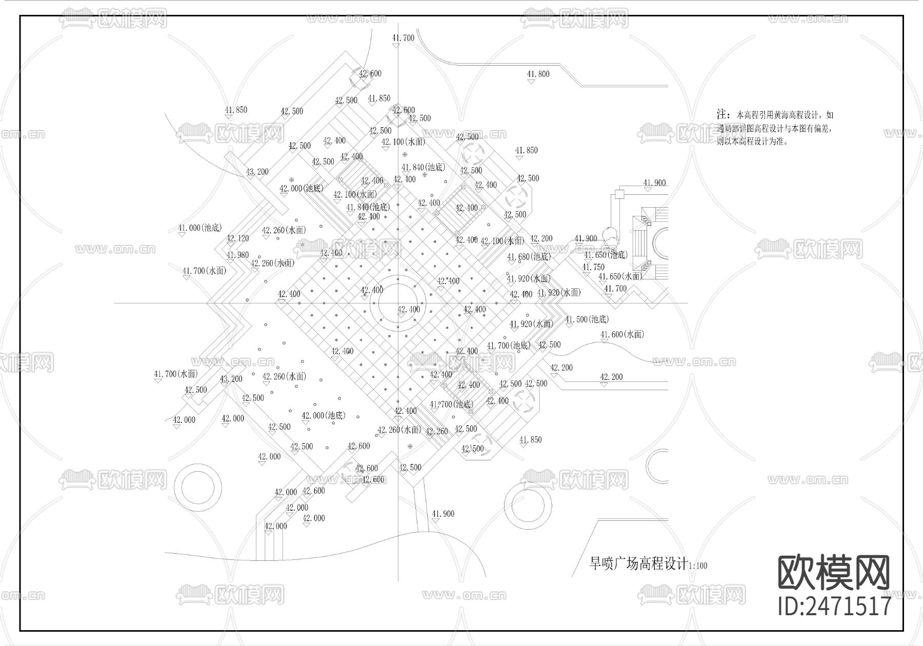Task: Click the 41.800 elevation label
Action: tap(538, 74)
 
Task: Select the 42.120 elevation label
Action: tap(237, 238)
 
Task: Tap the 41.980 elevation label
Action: tap(237, 255)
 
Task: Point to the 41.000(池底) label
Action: tap(199, 228)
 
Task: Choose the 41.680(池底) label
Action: tap(528, 257)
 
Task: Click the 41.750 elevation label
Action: tap(593, 267)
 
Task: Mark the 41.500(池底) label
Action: tap(587, 319)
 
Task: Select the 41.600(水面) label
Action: tap(622, 335)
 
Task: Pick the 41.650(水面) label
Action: tap(620, 277)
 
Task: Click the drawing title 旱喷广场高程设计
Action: tap(638, 564)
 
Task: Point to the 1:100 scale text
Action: tap(698, 567)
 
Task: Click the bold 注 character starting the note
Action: tap(722, 114)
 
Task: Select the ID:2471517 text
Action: tap(834, 606)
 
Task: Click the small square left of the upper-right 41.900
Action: tap(619, 194)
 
